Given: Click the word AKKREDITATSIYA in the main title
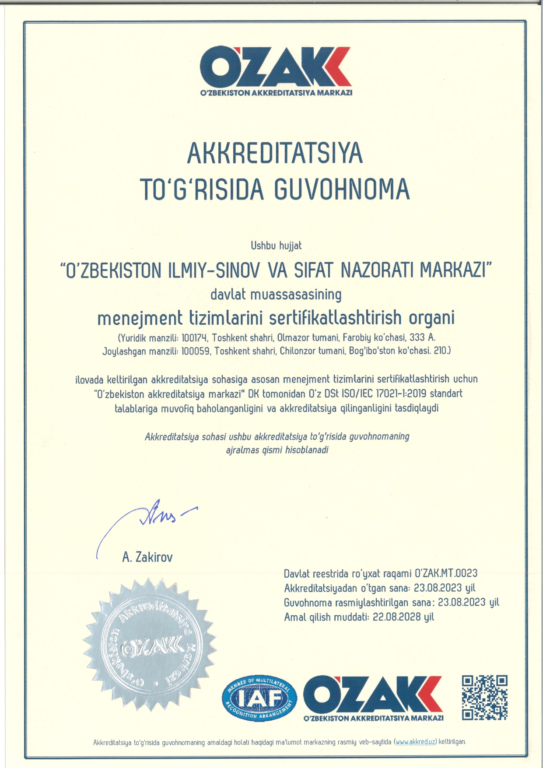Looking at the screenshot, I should (275, 153).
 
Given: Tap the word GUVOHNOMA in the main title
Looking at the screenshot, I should (342, 189).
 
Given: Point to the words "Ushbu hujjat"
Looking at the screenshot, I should (276, 245).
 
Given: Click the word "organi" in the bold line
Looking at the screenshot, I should (431, 318).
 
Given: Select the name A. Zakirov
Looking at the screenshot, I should (147, 557).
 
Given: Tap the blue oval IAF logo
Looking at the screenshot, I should (259, 698).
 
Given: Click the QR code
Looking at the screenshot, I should (484, 698).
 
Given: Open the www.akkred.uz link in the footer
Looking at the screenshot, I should (416, 742).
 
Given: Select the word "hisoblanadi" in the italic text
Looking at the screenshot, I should (306, 450).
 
